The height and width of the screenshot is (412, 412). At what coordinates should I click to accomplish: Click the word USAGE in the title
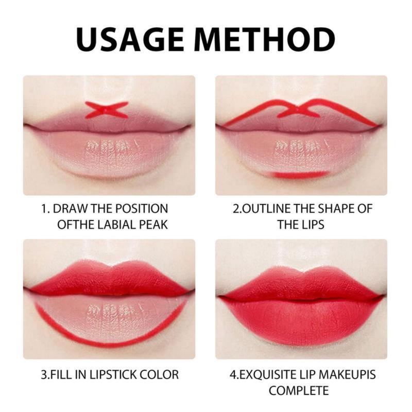(x=130, y=40)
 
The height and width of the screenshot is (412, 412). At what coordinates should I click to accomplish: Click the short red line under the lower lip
(x=301, y=175)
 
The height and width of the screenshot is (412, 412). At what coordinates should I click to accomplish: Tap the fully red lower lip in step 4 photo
(x=301, y=322)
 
